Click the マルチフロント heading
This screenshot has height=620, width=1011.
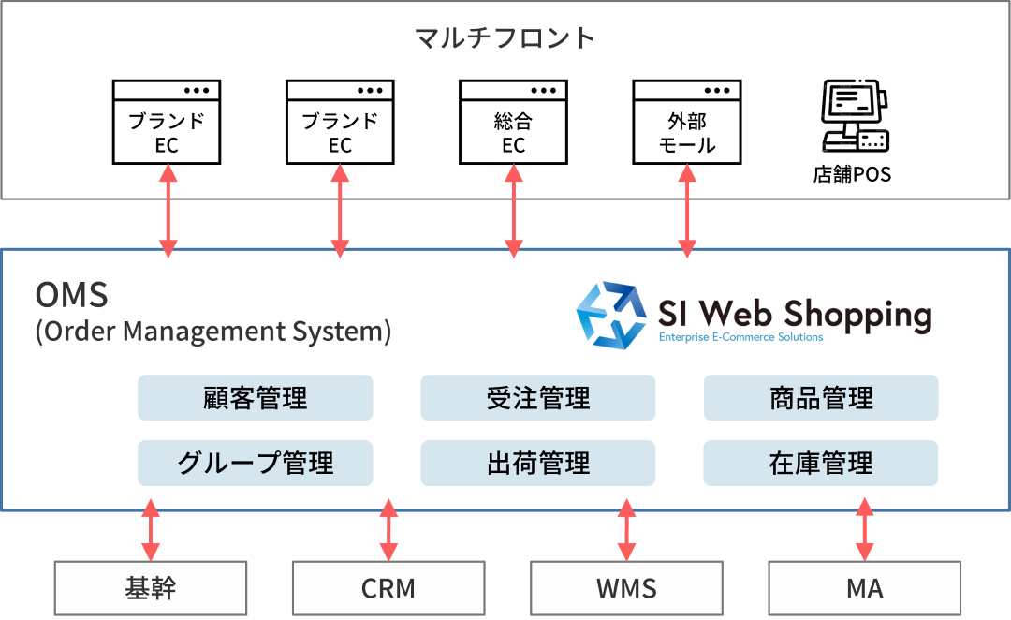pos(505,38)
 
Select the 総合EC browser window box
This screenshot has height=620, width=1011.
pos(513,122)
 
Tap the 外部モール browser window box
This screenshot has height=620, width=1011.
pos(687,122)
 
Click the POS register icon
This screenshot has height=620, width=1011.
pos(854,117)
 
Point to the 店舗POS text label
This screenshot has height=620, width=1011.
pos(853,174)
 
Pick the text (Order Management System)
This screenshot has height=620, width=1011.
pos(212,332)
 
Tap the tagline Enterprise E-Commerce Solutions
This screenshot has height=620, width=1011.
pos(740,337)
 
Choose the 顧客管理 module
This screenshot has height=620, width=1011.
pos(256,398)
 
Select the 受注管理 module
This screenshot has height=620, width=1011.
pos(538,398)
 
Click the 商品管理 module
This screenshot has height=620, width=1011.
pos(821,398)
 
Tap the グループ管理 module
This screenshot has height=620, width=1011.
pos(256,463)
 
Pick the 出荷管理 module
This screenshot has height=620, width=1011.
pos(538,463)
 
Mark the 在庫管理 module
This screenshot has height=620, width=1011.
pos(821,463)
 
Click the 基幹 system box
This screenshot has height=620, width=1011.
pos(150,588)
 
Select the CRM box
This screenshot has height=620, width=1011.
pos(388,588)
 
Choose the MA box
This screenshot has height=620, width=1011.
pos(865,588)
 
